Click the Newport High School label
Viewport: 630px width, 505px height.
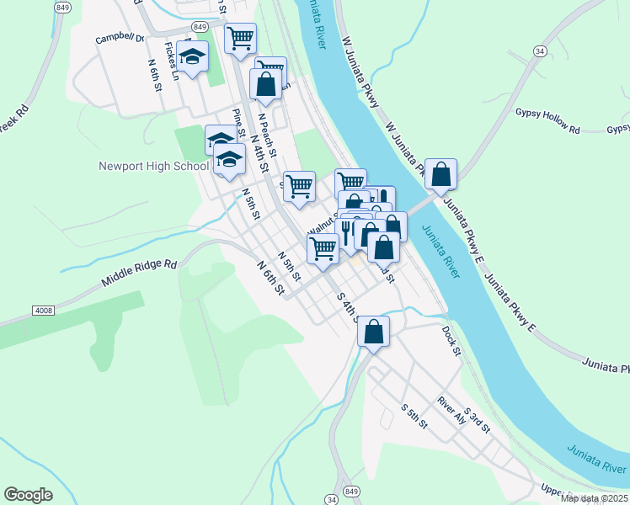pyautogui.click(x=153, y=166)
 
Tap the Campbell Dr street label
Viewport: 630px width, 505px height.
pyautogui.click(x=120, y=39)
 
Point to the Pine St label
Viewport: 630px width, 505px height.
pyautogui.click(x=239, y=123)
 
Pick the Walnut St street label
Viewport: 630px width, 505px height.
pyautogui.click(x=321, y=225)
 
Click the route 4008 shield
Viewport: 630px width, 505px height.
pyautogui.click(x=44, y=311)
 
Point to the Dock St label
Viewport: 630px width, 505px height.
pyautogui.click(x=451, y=340)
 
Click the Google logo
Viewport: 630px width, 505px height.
pyautogui.click(x=28, y=494)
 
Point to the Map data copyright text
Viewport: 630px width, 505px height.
pyautogui.click(x=594, y=498)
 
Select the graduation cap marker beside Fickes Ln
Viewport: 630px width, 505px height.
pyautogui.click(x=193, y=57)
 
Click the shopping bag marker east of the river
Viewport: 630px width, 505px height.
pyautogui.click(x=440, y=175)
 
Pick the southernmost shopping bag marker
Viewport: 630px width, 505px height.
pyautogui.click(x=374, y=331)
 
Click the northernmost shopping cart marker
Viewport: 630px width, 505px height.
pyautogui.click(x=241, y=38)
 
